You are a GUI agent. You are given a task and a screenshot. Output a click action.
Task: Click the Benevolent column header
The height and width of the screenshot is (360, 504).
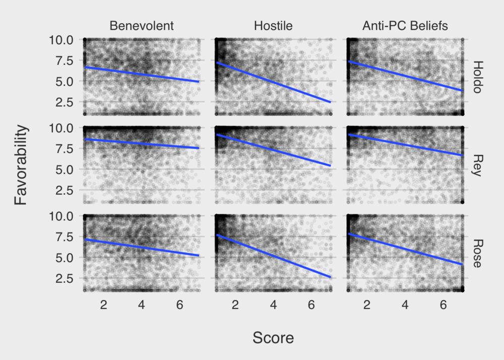point(142,26)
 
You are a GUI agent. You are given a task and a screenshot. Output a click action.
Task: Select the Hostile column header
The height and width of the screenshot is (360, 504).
point(273,26)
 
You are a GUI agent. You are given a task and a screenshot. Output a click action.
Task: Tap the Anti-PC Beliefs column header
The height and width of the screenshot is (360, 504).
point(405,26)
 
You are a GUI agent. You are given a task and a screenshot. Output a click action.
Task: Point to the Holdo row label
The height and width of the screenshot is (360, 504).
point(478,77)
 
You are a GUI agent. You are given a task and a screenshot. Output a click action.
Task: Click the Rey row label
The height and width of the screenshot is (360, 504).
point(478,165)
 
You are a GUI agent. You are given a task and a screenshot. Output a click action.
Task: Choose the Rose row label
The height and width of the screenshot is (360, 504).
point(478,253)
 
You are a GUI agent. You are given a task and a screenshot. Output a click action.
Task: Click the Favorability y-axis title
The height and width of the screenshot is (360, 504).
point(20,165)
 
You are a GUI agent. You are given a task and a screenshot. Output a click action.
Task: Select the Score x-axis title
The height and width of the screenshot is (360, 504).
point(273,338)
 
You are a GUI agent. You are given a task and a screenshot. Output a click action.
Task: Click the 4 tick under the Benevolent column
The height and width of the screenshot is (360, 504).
point(142,305)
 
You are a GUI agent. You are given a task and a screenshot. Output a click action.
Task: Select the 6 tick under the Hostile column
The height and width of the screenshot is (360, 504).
point(311,305)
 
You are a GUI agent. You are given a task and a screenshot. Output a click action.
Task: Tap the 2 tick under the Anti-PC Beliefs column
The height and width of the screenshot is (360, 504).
point(367,305)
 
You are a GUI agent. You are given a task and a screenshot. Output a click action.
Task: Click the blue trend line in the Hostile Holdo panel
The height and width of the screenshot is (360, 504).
point(273,82)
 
